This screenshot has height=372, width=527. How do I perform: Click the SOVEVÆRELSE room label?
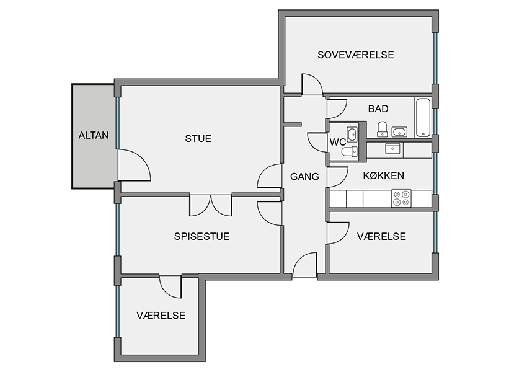356,55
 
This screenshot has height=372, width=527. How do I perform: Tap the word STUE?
198,138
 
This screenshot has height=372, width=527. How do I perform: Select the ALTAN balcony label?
94,135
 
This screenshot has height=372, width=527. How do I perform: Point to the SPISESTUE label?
201,236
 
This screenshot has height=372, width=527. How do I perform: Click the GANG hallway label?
304,177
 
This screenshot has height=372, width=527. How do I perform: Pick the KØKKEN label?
384,175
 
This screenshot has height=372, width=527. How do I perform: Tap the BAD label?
378,108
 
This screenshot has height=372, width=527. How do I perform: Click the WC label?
338,142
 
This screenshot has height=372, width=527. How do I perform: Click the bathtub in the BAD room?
423,118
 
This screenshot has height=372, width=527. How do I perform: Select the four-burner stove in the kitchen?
401,198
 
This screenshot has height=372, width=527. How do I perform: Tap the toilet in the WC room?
350,152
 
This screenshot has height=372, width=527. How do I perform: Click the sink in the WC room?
352,134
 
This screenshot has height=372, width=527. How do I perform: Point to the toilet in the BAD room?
382,130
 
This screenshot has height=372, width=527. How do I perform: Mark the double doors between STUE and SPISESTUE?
211,205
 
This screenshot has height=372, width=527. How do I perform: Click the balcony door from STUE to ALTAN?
134,165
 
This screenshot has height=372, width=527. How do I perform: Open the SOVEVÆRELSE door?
312,85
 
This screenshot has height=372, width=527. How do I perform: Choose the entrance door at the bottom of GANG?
305,265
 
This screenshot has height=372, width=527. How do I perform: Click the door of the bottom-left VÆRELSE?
170,286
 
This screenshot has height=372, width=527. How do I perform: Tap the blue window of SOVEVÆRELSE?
435,58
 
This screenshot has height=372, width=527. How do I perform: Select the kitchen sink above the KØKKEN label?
392,148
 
